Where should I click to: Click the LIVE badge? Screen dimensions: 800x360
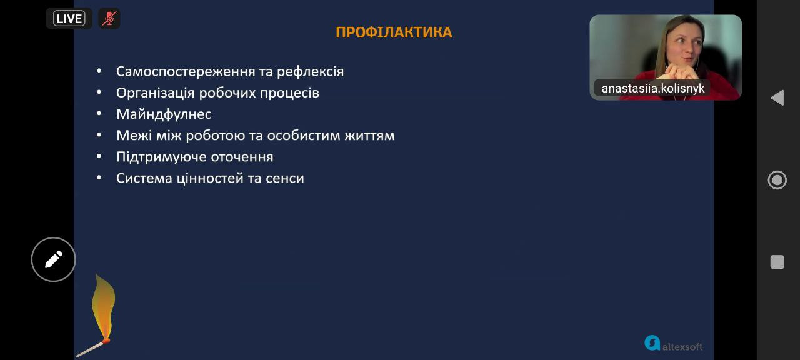[x=69, y=19]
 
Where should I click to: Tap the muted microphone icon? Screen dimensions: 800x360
[x=109, y=19]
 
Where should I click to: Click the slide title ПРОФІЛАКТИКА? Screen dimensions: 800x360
[x=394, y=32]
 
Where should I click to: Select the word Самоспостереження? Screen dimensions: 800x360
[x=186, y=72]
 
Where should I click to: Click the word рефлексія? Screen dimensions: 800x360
[x=310, y=71]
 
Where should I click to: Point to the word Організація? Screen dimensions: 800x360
[x=156, y=93]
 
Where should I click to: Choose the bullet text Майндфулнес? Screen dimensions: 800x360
[x=164, y=114]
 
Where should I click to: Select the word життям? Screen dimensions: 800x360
[x=369, y=136]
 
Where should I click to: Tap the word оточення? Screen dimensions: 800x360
[x=242, y=157]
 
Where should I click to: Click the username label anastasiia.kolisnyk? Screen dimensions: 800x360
[x=653, y=88]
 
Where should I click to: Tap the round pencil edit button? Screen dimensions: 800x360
[x=54, y=259]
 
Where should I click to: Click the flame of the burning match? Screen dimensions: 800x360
[x=103, y=307]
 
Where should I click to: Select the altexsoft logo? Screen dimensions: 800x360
[x=674, y=344]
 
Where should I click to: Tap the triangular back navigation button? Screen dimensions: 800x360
[x=778, y=97]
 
